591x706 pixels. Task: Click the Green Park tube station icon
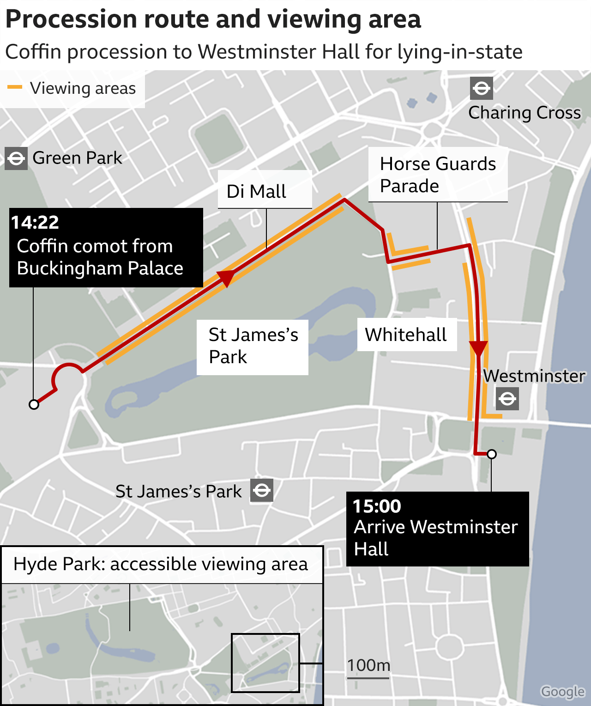[16, 158]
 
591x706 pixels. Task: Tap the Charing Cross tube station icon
[482, 88]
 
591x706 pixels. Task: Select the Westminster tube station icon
[507, 399]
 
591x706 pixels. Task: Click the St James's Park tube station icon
[262, 490]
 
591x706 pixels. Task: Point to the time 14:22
[35, 223]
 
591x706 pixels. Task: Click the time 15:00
[377, 506]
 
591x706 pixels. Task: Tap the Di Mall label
[256, 191]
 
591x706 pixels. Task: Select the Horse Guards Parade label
[437, 175]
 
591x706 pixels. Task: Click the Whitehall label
[406, 335]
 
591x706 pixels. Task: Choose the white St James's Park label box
[253, 347]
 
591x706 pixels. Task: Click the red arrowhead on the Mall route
[226, 278]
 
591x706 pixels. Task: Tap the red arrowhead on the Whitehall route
[478, 348]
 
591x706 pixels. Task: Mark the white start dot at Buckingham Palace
[34, 405]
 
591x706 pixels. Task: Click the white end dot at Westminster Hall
[492, 454]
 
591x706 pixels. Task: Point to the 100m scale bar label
[368, 665]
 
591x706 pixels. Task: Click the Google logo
[563, 692]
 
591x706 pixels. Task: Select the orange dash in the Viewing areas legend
[15, 87]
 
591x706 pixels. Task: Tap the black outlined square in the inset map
[265, 663]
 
